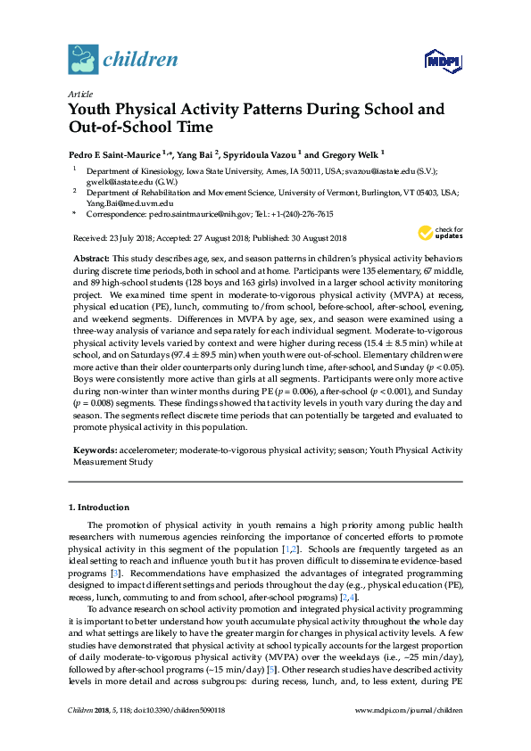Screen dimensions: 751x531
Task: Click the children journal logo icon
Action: [x=82, y=60]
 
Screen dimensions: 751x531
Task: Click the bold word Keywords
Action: [x=94, y=451]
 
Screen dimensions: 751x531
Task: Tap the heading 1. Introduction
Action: [x=99, y=507]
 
